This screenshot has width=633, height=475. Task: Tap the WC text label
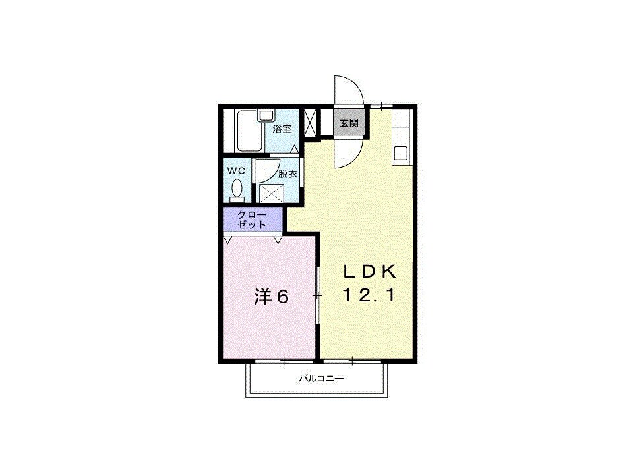[x=236, y=171]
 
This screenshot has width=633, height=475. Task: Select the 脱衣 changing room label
[x=287, y=175]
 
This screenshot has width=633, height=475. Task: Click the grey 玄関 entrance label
[x=349, y=123]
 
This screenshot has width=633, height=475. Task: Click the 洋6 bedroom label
[x=272, y=298]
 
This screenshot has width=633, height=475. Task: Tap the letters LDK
[x=369, y=271]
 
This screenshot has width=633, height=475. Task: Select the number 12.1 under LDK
[x=369, y=296]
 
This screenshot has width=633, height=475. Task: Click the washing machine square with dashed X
[x=270, y=193]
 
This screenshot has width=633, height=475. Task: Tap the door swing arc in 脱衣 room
[x=268, y=170]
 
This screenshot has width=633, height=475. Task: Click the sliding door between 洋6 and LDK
[x=318, y=296]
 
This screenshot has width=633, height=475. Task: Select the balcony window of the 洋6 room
[x=284, y=361]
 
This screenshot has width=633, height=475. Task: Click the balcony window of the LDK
[x=353, y=361]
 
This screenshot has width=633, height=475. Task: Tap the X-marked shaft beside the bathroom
[x=311, y=123]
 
